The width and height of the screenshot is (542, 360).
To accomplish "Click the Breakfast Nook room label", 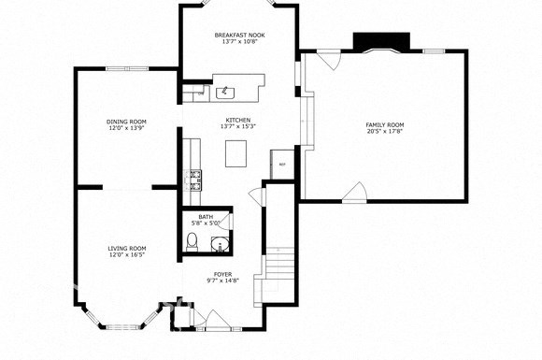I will click(x=238, y=34).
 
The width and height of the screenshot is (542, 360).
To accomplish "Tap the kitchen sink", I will click(x=225, y=92).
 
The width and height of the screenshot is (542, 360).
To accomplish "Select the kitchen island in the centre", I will click(x=238, y=151).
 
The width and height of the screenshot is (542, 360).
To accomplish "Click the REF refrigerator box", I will click(x=282, y=165).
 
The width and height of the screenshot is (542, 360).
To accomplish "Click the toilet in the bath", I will click(x=192, y=244).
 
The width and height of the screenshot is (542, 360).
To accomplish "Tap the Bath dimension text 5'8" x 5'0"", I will click(x=205, y=223).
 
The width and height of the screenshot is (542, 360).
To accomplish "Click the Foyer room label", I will click(x=222, y=274).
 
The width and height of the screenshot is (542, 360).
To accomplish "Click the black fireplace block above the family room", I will click(x=380, y=42).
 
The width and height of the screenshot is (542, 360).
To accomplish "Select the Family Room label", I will click(x=384, y=124).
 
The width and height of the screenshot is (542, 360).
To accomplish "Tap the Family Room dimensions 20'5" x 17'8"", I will click(x=384, y=132).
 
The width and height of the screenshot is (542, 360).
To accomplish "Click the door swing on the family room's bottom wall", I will click(x=354, y=192).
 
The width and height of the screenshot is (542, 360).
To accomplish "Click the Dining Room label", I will click(x=126, y=121).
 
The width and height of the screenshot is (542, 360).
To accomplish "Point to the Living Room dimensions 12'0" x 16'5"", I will click(x=126, y=255).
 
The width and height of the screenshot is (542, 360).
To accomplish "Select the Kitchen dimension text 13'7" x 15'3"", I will click(x=238, y=126).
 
